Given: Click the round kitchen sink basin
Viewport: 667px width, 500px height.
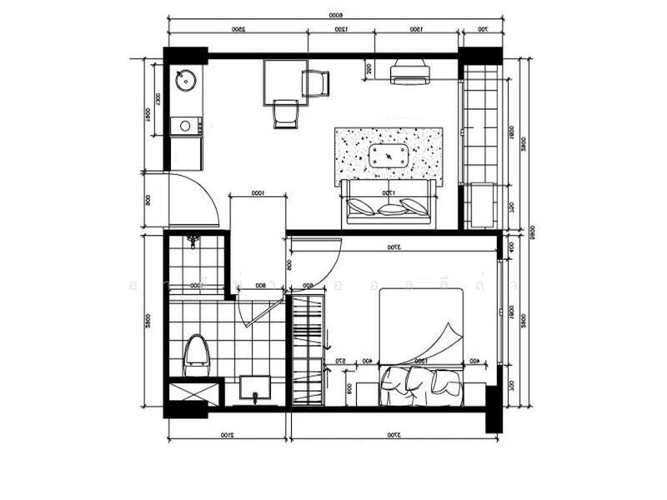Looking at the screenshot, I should [186, 81].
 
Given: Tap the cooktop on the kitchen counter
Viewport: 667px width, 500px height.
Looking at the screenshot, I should [186, 126].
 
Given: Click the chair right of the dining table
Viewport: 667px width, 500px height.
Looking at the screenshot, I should [316, 82].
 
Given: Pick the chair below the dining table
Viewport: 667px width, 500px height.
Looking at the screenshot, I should [285, 113].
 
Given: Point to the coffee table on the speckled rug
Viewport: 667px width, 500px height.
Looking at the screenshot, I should [389, 156].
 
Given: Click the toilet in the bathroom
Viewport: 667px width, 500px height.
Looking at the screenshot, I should [196, 353].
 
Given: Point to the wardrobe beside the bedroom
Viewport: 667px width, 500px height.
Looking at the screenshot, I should [305, 350].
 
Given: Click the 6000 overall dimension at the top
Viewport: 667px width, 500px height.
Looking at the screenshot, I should [335, 15].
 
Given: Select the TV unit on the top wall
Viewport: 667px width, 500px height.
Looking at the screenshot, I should [410, 72].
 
